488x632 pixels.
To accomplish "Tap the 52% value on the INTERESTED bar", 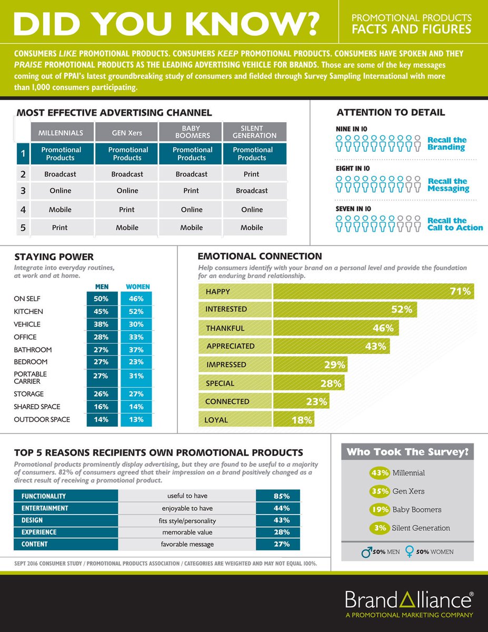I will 401,310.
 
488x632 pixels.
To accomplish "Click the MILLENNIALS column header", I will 61,133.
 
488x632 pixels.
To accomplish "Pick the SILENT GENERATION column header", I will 255,132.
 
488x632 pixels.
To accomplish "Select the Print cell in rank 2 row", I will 252,174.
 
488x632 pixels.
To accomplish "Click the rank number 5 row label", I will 23,228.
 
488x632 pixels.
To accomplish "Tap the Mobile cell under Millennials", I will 61,210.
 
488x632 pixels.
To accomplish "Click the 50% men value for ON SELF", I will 101,299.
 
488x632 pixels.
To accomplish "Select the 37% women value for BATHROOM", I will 136,350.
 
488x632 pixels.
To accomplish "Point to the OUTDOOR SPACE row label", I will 42,420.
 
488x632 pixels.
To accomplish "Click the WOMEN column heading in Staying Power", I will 138,287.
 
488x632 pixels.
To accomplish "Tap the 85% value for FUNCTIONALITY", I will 282,496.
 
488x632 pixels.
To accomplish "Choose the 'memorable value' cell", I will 187,532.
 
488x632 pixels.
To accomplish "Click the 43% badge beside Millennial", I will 380,473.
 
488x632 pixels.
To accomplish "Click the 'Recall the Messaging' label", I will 447,185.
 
